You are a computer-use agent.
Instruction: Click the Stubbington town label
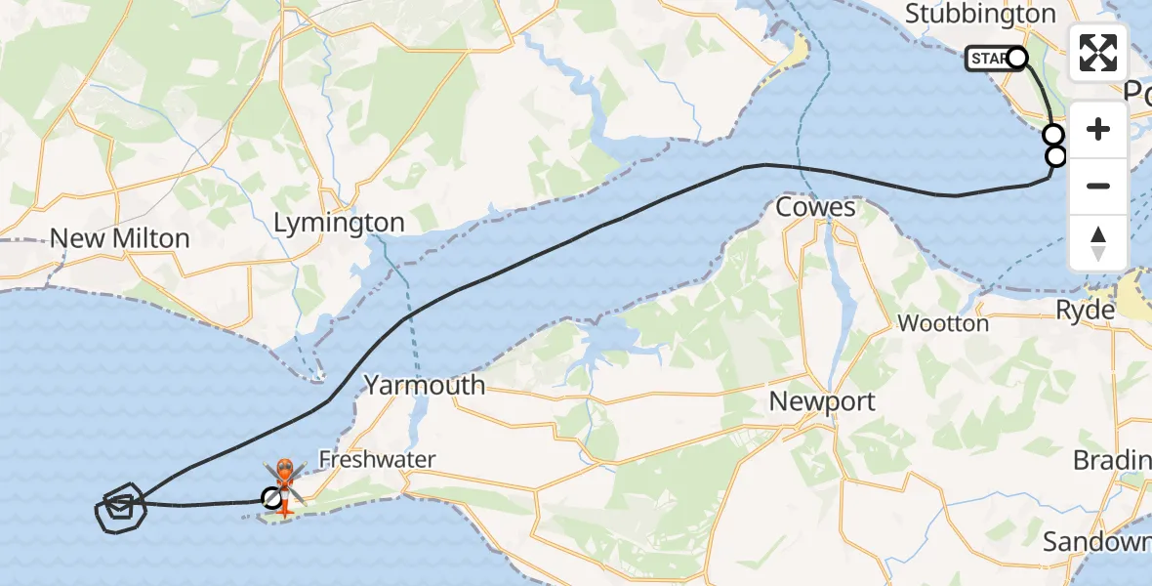click(x=981, y=14)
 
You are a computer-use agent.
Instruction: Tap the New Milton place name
click(x=119, y=237)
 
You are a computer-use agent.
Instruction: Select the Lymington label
click(x=339, y=223)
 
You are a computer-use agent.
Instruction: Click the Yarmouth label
click(x=425, y=385)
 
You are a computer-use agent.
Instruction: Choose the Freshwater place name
click(x=377, y=459)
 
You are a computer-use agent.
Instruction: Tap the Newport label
click(x=822, y=400)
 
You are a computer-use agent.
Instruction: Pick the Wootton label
click(x=943, y=323)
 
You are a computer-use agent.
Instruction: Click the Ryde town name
click(x=1086, y=310)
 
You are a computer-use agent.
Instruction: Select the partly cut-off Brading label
click(x=1111, y=459)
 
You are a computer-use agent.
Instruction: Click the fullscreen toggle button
click(x=1098, y=53)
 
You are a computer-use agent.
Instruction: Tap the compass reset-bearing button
click(x=1098, y=243)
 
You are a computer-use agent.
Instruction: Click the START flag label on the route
click(x=989, y=59)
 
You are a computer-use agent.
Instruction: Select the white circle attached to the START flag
click(x=1016, y=58)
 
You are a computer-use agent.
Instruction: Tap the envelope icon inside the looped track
click(x=119, y=506)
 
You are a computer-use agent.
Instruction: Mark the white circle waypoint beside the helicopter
click(x=273, y=499)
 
